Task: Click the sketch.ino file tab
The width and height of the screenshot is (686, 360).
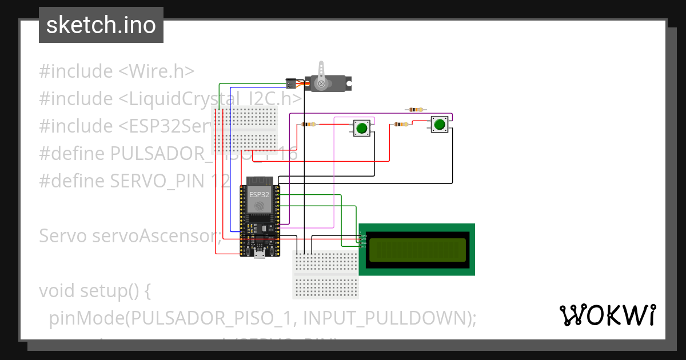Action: [x=101, y=25]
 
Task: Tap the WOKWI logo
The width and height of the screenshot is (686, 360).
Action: [x=607, y=315]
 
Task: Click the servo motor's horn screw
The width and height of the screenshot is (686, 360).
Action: [x=321, y=84]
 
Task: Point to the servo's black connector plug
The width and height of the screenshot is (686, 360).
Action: [x=291, y=83]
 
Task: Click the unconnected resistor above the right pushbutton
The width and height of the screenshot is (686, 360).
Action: [x=415, y=110]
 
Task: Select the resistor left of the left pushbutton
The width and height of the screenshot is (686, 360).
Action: [x=309, y=124]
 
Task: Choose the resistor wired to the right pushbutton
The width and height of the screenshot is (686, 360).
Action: [x=401, y=124]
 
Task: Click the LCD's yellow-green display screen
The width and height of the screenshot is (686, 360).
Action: [x=417, y=250]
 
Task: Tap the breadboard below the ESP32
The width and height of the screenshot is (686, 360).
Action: [x=325, y=274]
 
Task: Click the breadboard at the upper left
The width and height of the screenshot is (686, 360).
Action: [x=245, y=129]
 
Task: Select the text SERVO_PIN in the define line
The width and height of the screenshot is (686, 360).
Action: [x=157, y=181]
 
